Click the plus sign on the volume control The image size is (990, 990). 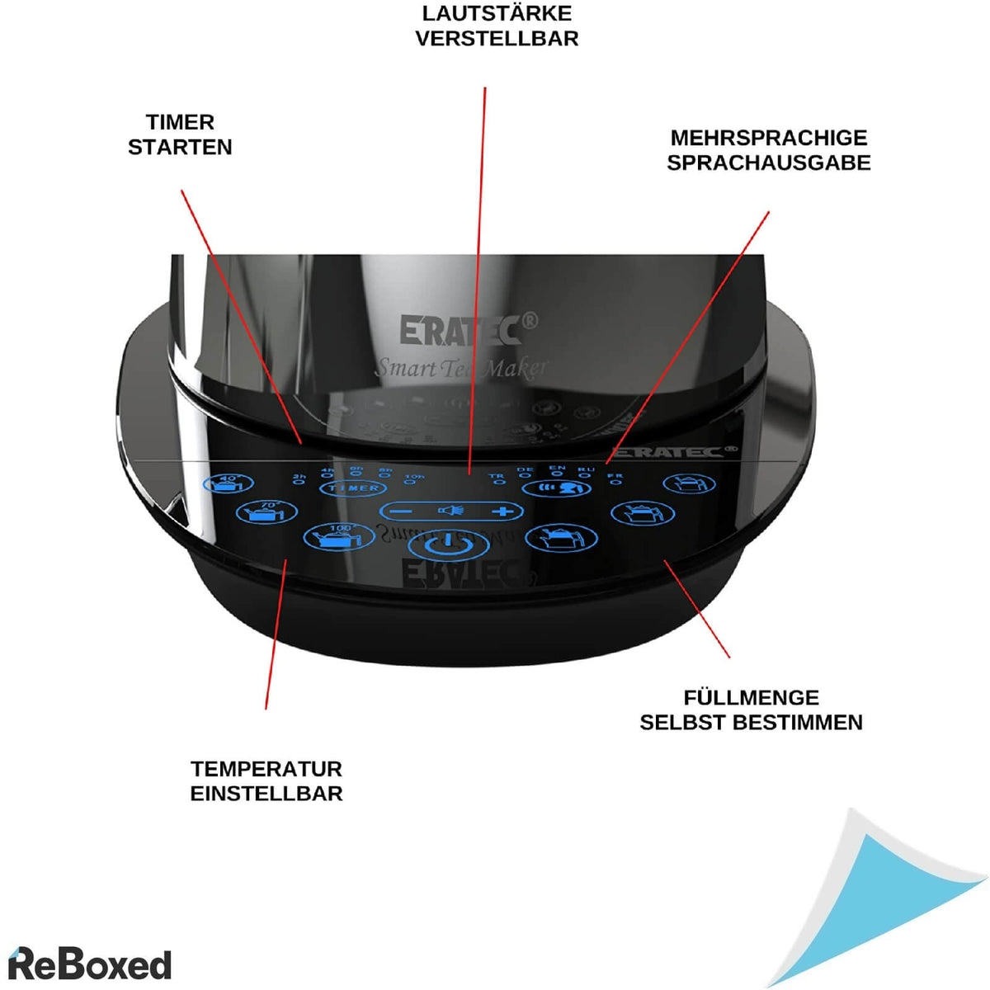point(502,511)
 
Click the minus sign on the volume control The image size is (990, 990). point(402,511)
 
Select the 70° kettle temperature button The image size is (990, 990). point(266,511)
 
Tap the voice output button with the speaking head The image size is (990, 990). point(558,488)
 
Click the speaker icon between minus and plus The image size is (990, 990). point(451,511)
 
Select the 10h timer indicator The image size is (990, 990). point(412,479)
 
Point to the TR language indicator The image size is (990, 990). point(497,479)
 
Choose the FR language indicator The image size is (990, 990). point(615,479)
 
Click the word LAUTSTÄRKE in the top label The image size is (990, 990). point(497,14)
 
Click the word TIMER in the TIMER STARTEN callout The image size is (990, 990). point(180,122)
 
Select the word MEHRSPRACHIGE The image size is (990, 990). point(768,138)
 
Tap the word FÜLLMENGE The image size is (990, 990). point(751,698)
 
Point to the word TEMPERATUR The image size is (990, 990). point(266,769)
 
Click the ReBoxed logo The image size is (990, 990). point(89,964)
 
